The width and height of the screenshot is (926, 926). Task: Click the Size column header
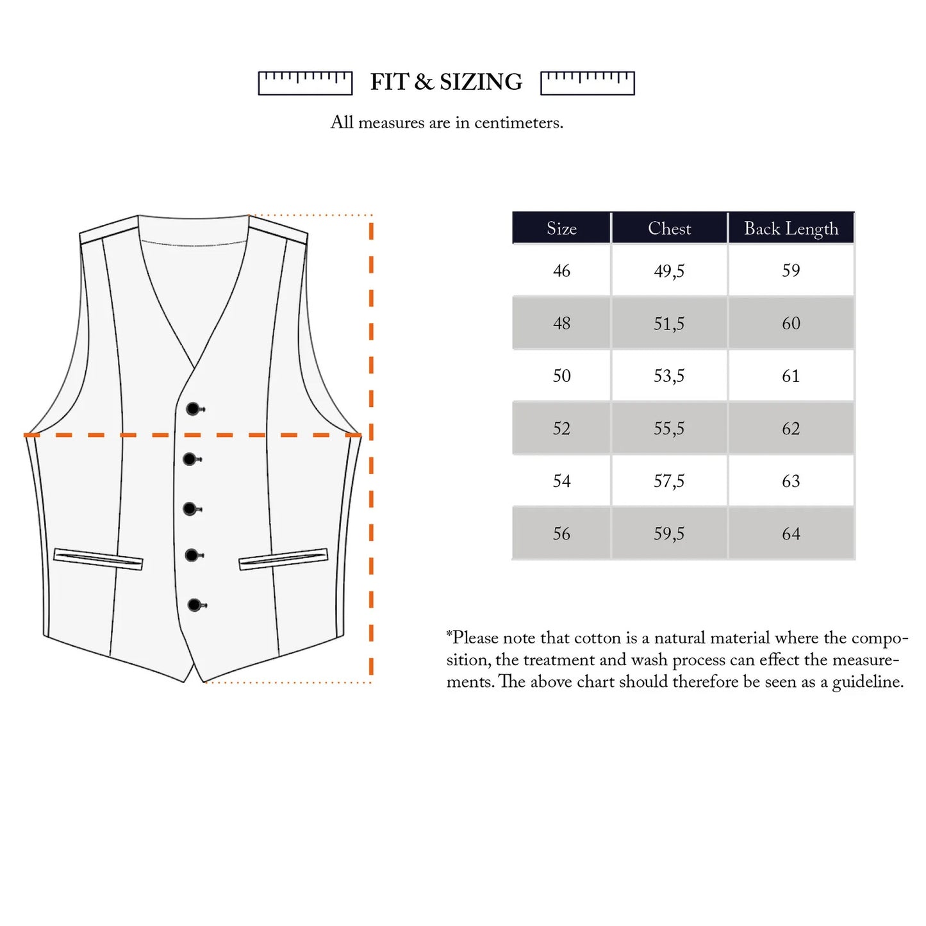pyautogui.click(x=561, y=228)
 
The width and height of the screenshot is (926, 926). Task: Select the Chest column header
pyautogui.click(x=669, y=228)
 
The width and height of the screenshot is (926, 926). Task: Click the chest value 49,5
pyautogui.click(x=669, y=272)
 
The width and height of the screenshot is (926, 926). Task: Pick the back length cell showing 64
pyautogui.click(x=791, y=534)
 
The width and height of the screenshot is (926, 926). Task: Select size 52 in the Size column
pyautogui.click(x=561, y=429)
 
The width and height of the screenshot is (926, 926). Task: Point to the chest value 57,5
pyautogui.click(x=669, y=481)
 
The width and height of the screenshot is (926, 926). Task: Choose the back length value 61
pyautogui.click(x=791, y=376)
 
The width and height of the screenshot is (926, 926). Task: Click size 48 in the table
pyautogui.click(x=561, y=324)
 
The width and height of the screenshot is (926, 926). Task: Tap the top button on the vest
pyautogui.click(x=193, y=409)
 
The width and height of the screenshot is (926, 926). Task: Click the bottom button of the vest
pyautogui.click(x=195, y=605)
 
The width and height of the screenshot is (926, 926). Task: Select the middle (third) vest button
pyautogui.click(x=191, y=508)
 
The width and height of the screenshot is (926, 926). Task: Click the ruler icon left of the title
pyautogui.click(x=305, y=83)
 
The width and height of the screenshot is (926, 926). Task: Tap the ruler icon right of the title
pyautogui.click(x=587, y=83)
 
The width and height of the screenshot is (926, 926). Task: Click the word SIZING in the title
pyautogui.click(x=481, y=82)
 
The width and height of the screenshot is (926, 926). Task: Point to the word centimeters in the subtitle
pyautogui.click(x=518, y=123)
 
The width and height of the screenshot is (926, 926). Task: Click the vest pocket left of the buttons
pyautogui.click(x=98, y=559)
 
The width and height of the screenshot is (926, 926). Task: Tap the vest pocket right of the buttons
pyautogui.click(x=283, y=559)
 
